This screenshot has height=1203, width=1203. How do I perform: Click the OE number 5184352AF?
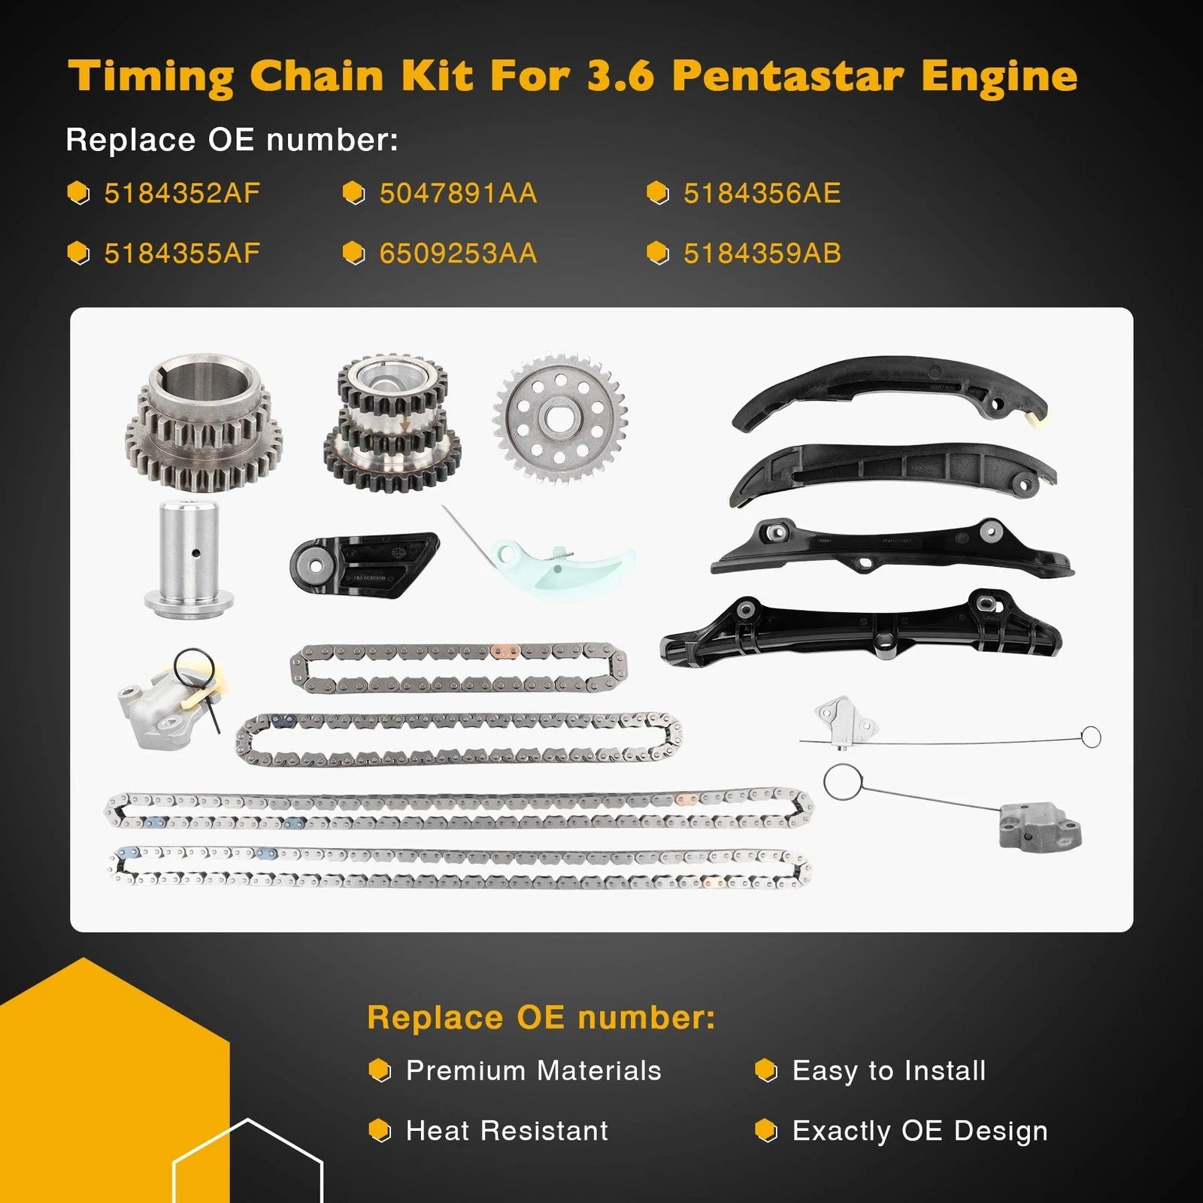[x=182, y=193]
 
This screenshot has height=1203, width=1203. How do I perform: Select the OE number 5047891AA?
[x=458, y=193]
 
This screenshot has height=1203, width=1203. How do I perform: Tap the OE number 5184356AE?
[x=762, y=193]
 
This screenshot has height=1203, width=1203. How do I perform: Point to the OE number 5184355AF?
[x=182, y=253]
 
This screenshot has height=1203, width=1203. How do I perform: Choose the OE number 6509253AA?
[x=458, y=253]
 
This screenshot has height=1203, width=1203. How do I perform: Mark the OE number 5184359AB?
[x=762, y=253]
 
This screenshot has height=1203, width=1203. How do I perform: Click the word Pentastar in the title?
[x=788, y=76]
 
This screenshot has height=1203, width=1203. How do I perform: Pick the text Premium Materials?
[x=534, y=1070]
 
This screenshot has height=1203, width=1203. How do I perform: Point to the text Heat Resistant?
[x=507, y=1130]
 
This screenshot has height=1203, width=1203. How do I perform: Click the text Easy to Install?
[x=889, y=1071]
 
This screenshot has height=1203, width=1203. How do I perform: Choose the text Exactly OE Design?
[x=920, y=1131]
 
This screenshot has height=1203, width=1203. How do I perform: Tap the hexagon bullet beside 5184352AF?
[x=78, y=193]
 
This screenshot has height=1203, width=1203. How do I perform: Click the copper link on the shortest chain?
[x=505, y=651]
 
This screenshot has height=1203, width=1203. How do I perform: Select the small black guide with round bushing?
[x=364, y=565]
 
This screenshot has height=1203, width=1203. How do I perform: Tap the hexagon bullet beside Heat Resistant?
[x=380, y=1130]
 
